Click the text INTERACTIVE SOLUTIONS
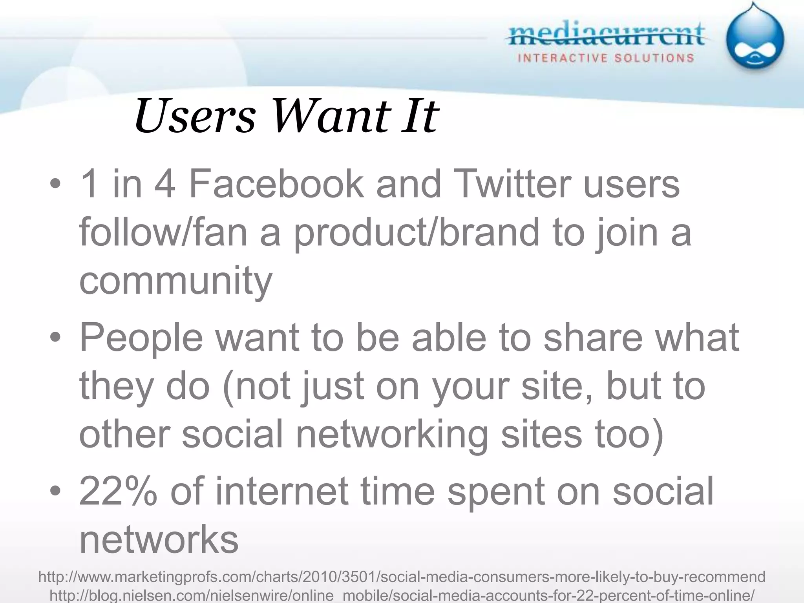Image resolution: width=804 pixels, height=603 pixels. coord(606,58)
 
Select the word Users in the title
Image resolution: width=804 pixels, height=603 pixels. coord(195,116)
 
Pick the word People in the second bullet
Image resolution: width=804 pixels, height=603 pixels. coord(141,338)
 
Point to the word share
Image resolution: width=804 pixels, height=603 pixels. coord(593,338)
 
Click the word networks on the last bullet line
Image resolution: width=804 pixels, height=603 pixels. coord(159,540)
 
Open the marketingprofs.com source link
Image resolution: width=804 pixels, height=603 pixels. coord(402,577)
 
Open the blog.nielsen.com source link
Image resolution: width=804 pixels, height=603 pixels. coord(402,596)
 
